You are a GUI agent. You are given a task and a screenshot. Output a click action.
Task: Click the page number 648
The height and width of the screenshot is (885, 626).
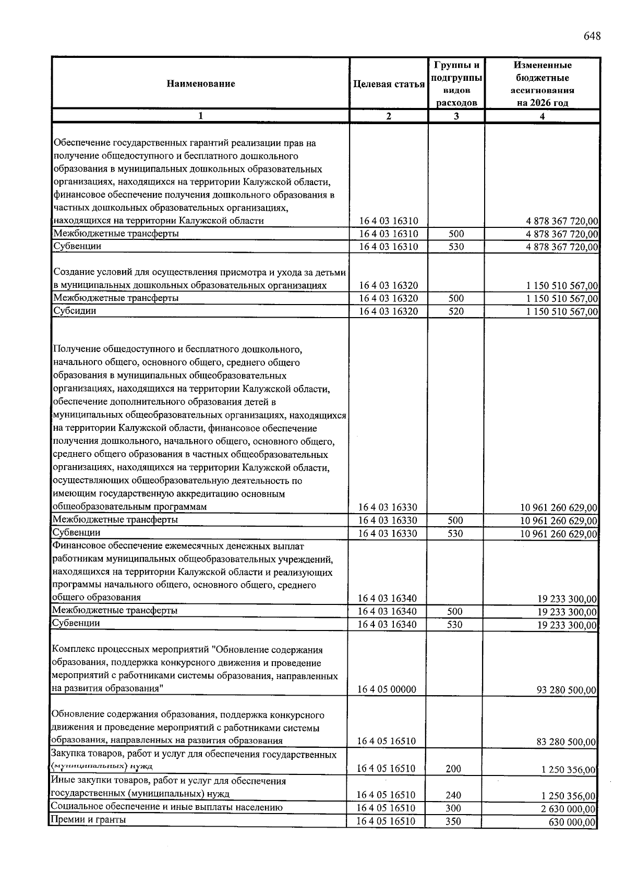click(x=592, y=36)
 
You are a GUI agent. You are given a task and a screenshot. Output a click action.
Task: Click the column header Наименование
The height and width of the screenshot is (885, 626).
click(x=201, y=83)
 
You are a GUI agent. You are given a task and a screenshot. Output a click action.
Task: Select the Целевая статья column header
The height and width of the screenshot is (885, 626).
click(x=389, y=84)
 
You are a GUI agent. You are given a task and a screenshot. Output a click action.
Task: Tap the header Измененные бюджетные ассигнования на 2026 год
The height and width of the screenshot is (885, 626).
click(x=542, y=84)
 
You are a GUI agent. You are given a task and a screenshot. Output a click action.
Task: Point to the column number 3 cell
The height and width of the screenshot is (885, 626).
click(x=456, y=116)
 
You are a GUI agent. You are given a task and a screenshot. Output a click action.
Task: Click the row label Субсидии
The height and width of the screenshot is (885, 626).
click(x=75, y=311)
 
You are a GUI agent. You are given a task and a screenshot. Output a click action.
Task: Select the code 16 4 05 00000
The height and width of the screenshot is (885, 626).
click(x=387, y=689)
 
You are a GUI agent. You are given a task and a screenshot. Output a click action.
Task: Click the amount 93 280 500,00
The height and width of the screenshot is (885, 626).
click(x=566, y=690)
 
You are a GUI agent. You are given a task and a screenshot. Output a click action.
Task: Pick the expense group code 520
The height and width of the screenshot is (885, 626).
click(x=456, y=311)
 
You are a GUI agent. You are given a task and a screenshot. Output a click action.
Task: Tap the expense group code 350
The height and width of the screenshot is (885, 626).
click(x=453, y=821)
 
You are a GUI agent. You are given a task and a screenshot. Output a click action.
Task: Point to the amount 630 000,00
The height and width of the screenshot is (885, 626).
click(x=572, y=822)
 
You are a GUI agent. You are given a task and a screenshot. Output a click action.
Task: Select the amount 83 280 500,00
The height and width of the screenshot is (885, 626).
click(x=566, y=742)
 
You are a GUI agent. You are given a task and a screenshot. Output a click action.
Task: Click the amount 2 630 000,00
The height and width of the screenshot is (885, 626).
click(x=568, y=809)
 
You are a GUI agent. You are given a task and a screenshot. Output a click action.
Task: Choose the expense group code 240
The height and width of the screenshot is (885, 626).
click(x=453, y=795)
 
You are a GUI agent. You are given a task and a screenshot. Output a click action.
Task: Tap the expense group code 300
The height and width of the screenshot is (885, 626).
click(x=453, y=808)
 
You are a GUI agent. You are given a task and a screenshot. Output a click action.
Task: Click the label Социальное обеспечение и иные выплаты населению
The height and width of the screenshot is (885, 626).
click(x=166, y=807)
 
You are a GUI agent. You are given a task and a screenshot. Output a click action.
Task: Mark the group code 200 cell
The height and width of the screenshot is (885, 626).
click(x=453, y=769)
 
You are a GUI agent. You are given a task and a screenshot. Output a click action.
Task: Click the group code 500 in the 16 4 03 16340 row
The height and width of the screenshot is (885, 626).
click(x=455, y=611)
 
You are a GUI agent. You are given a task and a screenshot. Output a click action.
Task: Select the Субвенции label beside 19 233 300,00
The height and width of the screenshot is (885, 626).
click(x=76, y=623)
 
